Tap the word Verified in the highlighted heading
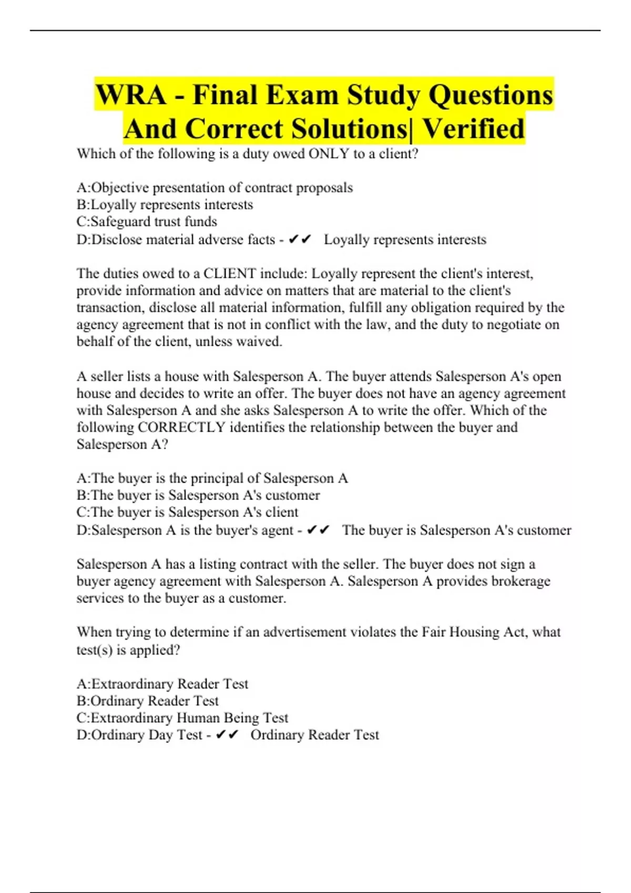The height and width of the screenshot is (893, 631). click(x=474, y=129)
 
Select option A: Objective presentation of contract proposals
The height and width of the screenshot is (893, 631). click(x=215, y=188)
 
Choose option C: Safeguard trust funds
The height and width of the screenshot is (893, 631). click(x=147, y=222)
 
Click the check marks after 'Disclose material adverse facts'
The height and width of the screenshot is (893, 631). click(x=300, y=240)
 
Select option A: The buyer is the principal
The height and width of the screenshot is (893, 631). click(x=212, y=479)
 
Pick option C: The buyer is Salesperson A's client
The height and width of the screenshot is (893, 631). click(x=187, y=512)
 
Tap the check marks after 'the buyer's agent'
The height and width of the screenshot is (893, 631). click(x=318, y=530)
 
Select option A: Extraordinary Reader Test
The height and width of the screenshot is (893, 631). click(x=162, y=684)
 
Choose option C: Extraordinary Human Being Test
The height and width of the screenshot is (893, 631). click(x=182, y=718)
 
